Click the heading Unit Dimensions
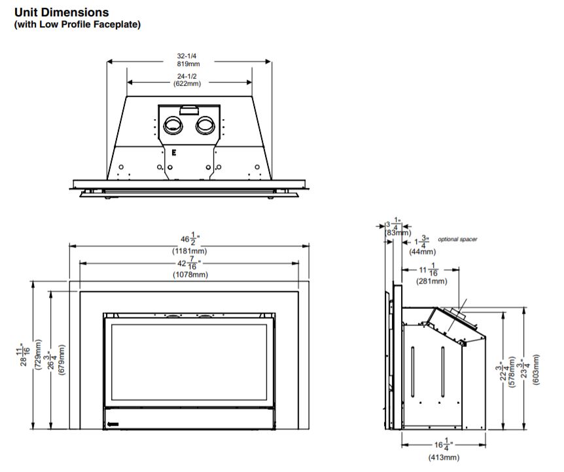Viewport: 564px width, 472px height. (x=62, y=12)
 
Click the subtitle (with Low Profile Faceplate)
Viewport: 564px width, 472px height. (x=77, y=24)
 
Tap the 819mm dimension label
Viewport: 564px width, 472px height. (x=188, y=64)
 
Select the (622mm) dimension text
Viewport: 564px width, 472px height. (x=187, y=84)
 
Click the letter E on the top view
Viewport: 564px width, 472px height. (x=174, y=153)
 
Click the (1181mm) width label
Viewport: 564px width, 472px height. (x=190, y=251)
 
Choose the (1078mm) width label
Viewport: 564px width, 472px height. (x=190, y=274)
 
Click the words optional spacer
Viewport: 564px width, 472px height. (x=457, y=240)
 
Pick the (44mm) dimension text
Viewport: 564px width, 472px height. (x=422, y=251)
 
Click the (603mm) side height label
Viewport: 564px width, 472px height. (x=536, y=370)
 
